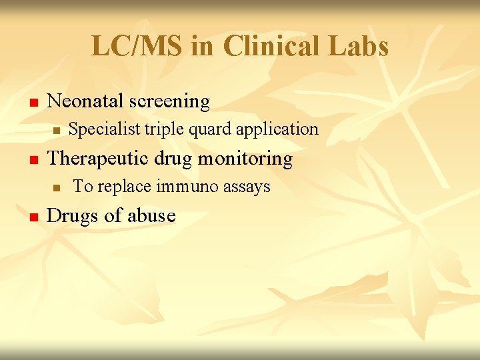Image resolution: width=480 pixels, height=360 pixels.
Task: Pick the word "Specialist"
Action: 105,129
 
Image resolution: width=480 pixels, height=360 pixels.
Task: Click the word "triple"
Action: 165,129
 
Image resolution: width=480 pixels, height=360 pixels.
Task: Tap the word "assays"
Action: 247,187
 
